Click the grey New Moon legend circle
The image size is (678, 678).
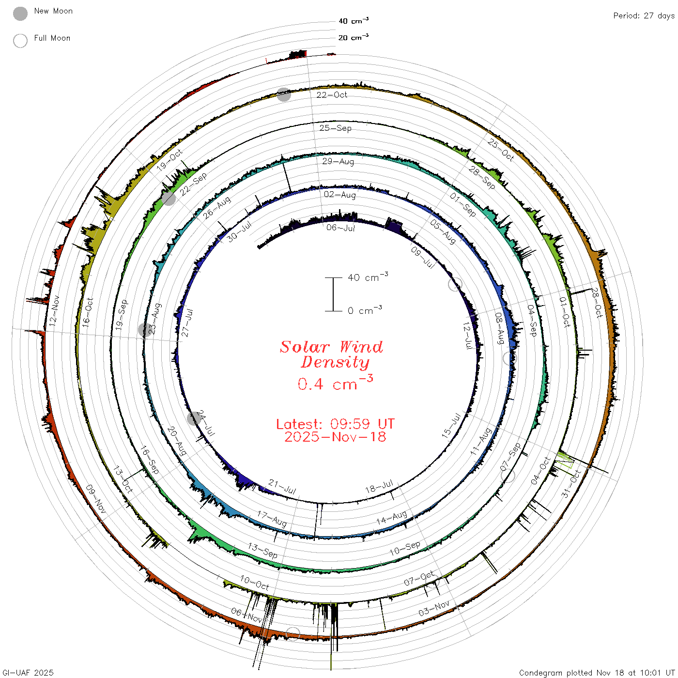(20, 14)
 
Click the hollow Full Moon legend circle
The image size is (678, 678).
(20, 41)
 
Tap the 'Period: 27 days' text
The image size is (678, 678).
(644, 16)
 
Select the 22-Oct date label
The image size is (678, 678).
(331, 95)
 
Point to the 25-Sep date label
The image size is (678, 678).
(335, 128)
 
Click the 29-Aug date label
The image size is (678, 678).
(338, 161)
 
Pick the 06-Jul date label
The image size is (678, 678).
(340, 228)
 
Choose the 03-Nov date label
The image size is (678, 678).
(434, 608)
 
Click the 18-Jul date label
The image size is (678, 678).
(379, 487)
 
